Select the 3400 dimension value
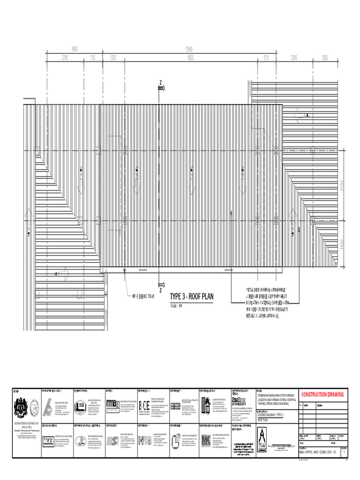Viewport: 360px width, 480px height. click(75, 48)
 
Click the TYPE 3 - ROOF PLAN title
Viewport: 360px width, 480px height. click(191, 296)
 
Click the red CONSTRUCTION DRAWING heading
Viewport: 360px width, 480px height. click(322, 395)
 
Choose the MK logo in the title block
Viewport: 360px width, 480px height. click(205, 440)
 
